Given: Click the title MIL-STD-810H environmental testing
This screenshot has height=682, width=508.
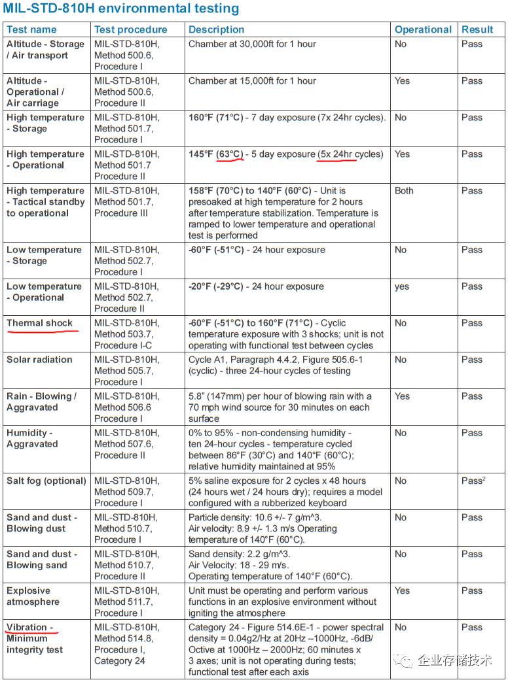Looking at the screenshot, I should click(x=121, y=9).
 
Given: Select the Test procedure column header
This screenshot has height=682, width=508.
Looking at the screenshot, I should click(x=131, y=29).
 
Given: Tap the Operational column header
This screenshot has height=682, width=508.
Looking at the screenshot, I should click(x=423, y=29).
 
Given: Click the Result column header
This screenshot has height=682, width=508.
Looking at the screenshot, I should click(x=477, y=29).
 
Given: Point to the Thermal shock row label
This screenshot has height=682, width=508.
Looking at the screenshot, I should click(x=40, y=323).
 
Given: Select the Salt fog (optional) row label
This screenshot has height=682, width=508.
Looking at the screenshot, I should click(x=46, y=481).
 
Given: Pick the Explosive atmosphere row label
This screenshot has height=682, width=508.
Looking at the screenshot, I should click(x=33, y=596).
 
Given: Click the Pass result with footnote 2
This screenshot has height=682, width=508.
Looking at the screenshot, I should click(x=473, y=481).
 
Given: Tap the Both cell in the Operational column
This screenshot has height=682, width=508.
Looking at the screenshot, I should click(x=404, y=191).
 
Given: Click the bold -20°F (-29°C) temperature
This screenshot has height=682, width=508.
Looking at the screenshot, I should click(x=215, y=286).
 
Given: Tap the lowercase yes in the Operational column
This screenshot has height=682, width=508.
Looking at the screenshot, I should click(x=402, y=286).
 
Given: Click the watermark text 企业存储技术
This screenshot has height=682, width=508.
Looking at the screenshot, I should click(x=454, y=660).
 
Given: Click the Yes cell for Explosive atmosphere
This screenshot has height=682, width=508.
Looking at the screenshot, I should click(x=402, y=590).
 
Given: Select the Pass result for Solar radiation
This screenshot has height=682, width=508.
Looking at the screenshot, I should click(x=471, y=360).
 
